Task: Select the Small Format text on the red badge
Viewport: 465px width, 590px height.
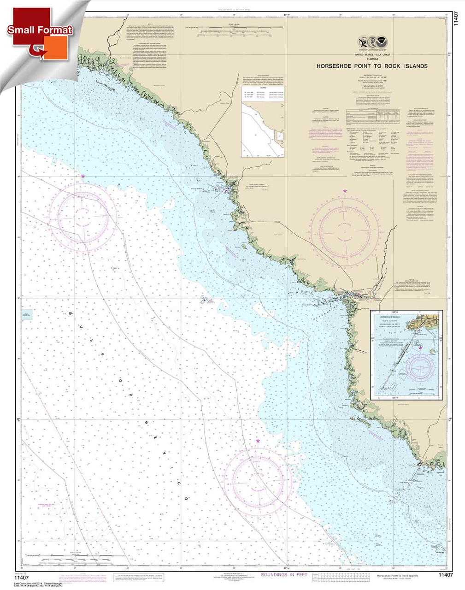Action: (x=40, y=30)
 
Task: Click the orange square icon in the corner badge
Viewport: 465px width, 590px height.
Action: (x=56, y=47)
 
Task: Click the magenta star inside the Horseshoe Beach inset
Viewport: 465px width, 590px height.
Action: (x=420, y=348)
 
